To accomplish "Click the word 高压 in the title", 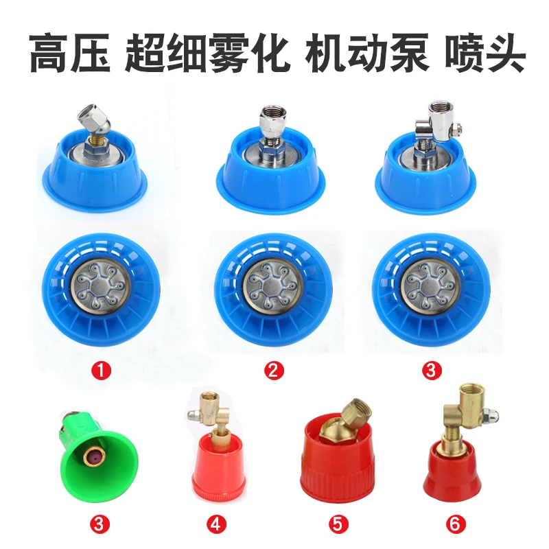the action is (x=69, y=53).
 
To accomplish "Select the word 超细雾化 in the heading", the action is (x=208, y=53).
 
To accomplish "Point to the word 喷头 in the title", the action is (x=485, y=53).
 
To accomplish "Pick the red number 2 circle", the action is (x=273, y=370).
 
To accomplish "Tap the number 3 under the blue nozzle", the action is (x=432, y=370).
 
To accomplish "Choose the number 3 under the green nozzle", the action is (x=100, y=524).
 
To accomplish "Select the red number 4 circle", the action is (x=216, y=524).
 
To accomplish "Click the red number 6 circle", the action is (x=456, y=524).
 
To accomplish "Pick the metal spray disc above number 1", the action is (x=100, y=286).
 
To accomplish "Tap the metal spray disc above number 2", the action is (x=272, y=285).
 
